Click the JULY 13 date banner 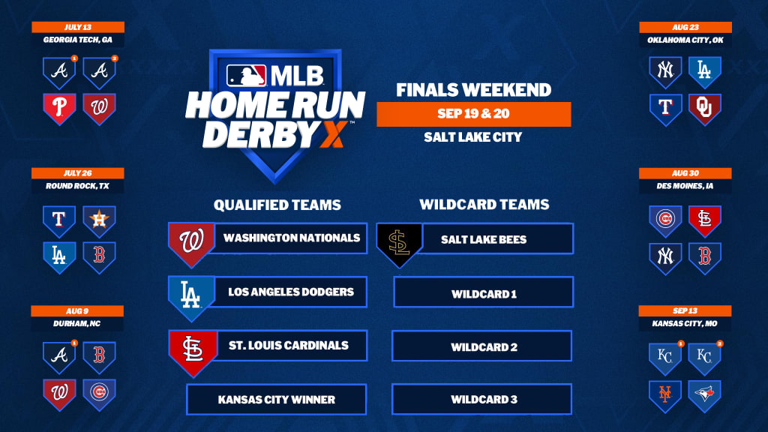coord(78,27)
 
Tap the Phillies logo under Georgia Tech coord(59,108)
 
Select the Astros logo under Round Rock coord(99,221)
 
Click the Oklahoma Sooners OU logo coord(704,109)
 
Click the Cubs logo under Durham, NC coord(99,394)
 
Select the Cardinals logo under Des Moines coord(704,221)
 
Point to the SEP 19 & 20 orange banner coord(474,114)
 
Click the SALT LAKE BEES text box coord(497,239)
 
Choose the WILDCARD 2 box coord(482,346)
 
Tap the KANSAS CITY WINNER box coord(276,399)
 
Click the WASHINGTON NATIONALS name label coord(291,238)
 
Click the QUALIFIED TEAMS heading coord(277,205)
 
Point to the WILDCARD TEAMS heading coord(484,204)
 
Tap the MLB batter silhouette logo coord(246,76)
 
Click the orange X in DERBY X coord(334,134)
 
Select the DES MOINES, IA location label coord(685,186)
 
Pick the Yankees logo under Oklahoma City coord(665,72)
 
